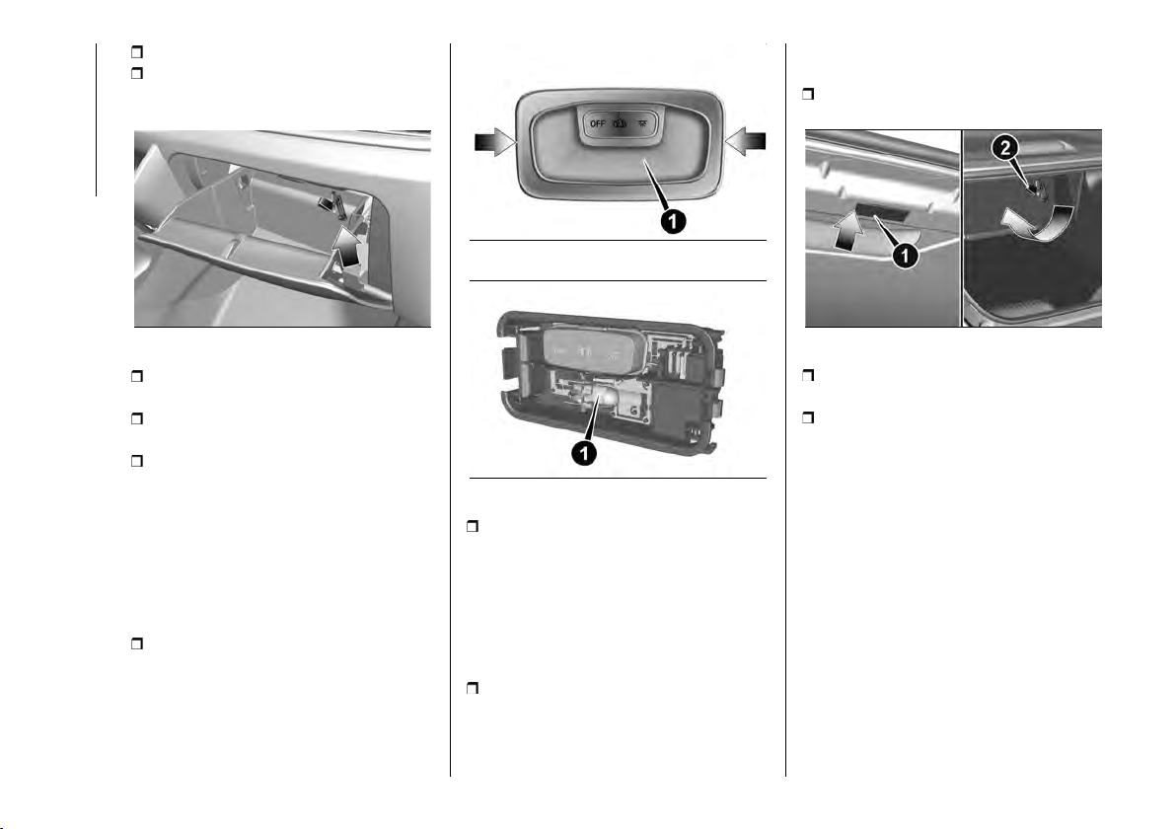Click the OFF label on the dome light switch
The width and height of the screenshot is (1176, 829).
(598, 123)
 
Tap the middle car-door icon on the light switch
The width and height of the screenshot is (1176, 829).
(621, 122)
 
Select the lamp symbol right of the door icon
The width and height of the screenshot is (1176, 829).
(642, 121)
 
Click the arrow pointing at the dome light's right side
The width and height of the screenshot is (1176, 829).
(746, 141)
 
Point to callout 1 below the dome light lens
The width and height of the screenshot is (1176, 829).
(672, 220)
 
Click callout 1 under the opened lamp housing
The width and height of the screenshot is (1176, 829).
(583, 452)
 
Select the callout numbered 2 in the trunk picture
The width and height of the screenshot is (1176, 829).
(1005, 149)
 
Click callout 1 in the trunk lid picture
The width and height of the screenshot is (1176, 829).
(906, 256)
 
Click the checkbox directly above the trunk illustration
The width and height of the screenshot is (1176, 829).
(808, 95)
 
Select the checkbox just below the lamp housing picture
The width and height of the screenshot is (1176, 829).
(473, 527)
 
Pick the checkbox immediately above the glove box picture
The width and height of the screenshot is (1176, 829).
(136, 73)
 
